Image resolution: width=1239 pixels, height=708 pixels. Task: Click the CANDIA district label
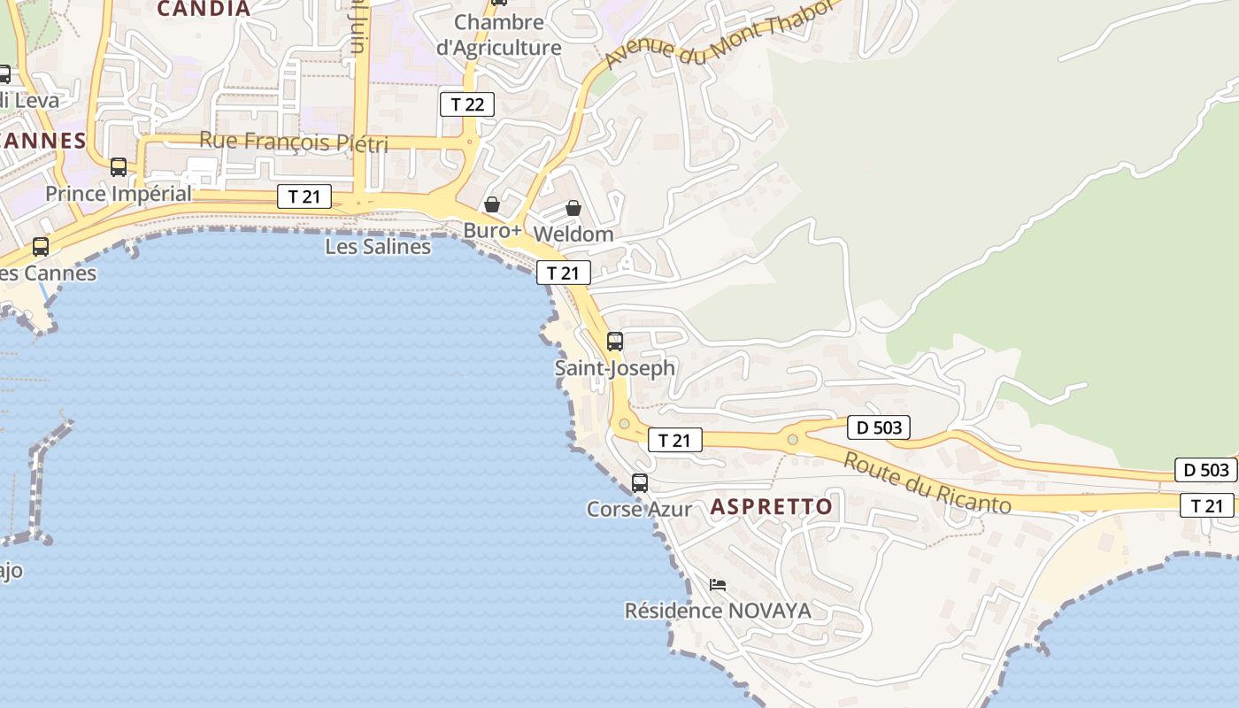pos(204,9)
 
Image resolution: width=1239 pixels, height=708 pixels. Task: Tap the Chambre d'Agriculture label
pos(498,35)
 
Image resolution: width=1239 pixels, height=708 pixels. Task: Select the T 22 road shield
pos(466,104)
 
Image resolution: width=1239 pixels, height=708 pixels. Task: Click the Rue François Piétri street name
pos(294,142)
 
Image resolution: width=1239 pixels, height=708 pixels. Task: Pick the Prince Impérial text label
pos(119,194)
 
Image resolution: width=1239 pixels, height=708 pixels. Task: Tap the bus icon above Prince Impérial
pos(119,166)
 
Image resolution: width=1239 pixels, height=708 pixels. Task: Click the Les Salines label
pos(378,247)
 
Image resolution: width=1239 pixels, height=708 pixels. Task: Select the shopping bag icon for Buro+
pos(492,204)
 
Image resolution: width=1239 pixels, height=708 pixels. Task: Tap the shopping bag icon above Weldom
pos(573,208)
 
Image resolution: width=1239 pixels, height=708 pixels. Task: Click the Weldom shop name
pos(573,235)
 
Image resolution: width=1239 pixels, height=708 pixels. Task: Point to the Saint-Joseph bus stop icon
pos(615,341)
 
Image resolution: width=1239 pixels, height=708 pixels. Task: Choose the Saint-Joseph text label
pos(615,367)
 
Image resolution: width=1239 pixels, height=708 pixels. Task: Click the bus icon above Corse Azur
pos(640,482)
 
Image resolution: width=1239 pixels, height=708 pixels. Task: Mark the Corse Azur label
pos(639,510)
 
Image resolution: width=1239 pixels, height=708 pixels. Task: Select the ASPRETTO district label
pos(772,506)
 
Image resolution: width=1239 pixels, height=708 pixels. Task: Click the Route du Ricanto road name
pos(927,483)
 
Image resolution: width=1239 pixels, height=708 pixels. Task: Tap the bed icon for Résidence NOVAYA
pos(718,585)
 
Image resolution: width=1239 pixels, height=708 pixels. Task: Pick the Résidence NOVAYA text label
pos(718,611)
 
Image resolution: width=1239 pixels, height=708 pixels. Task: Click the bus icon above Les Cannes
pos(41,247)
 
